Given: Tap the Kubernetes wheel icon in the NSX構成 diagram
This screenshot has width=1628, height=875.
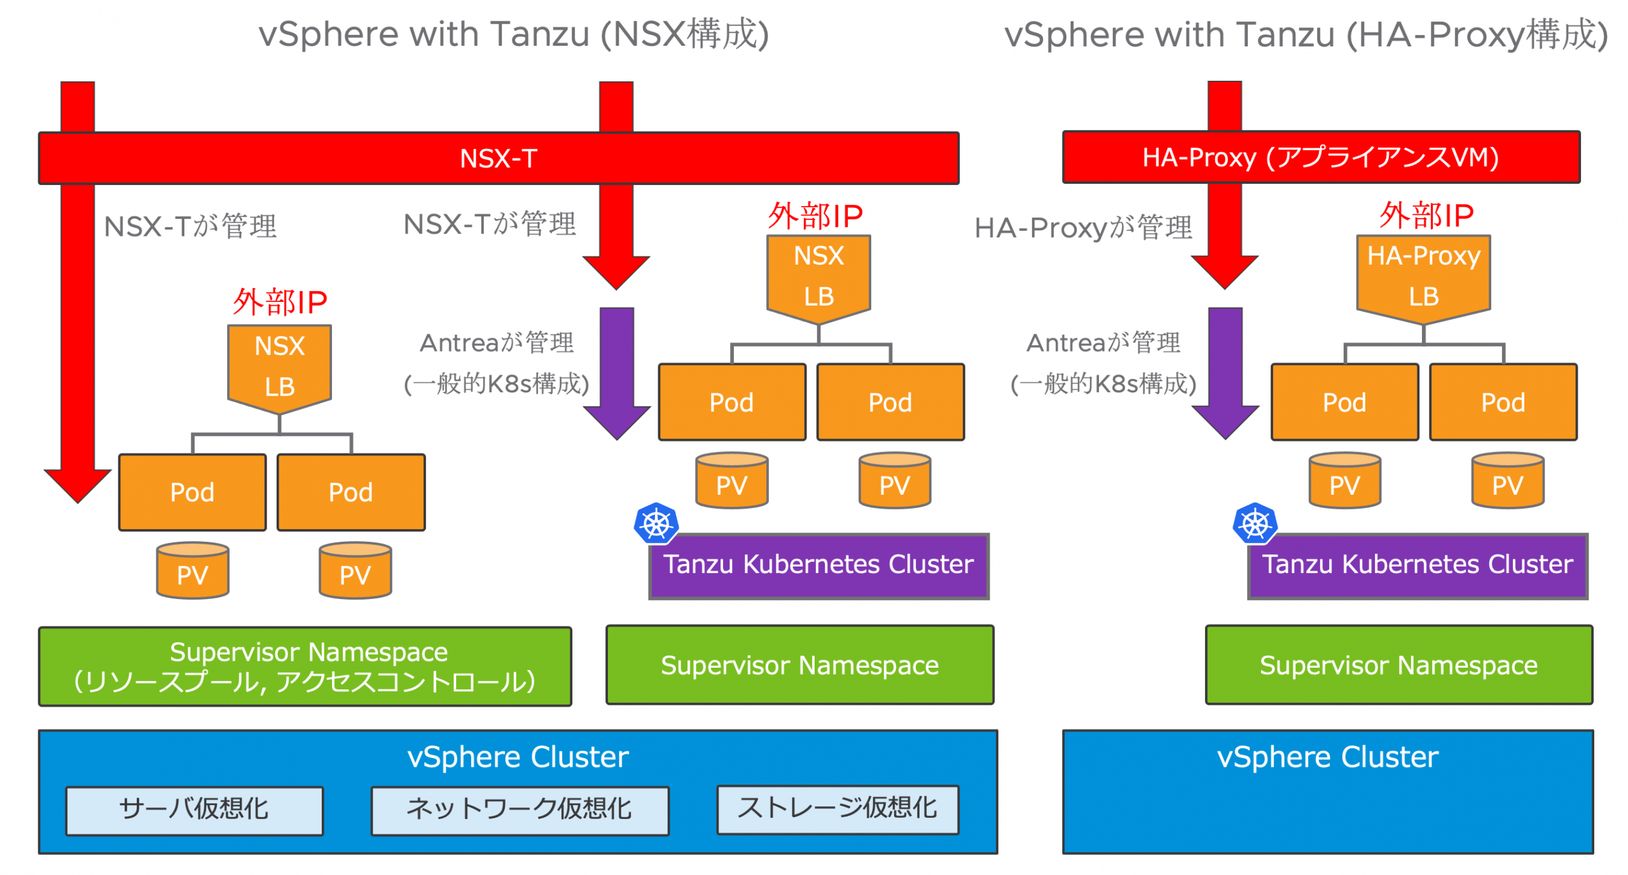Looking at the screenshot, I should pos(656,523).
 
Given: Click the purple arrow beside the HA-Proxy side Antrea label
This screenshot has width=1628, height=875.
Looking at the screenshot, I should pos(1224,369).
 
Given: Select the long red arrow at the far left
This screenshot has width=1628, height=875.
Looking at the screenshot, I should pos(78,331).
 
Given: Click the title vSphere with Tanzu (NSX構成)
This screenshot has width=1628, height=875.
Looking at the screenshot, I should pos(513,34).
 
